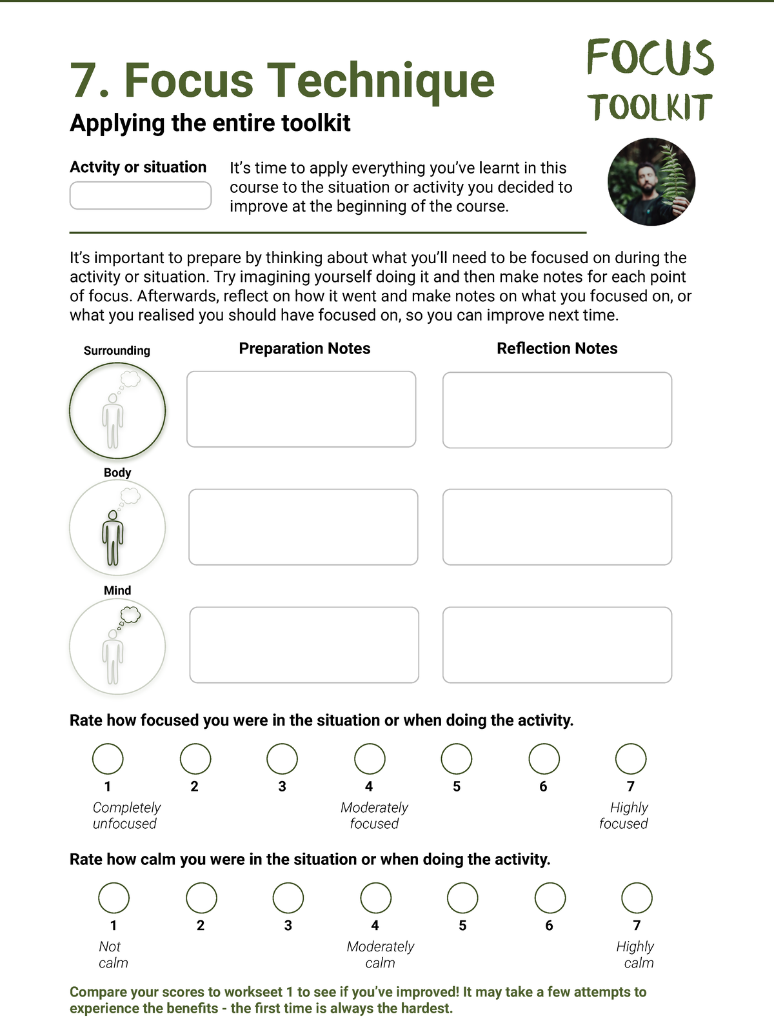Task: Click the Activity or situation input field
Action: click(x=140, y=195)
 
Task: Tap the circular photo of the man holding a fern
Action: click(x=651, y=182)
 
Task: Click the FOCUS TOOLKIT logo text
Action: click(x=650, y=81)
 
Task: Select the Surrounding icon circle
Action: click(x=117, y=411)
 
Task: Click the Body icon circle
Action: click(x=117, y=528)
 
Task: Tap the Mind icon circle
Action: click(x=117, y=646)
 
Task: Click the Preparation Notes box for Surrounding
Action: click(x=301, y=409)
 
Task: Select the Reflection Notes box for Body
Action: click(x=557, y=527)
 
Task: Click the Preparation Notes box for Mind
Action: click(x=304, y=645)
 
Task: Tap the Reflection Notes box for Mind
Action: click(x=557, y=645)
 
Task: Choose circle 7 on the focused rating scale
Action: click(x=631, y=759)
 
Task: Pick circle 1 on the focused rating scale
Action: click(x=108, y=759)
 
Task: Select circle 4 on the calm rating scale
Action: click(x=375, y=898)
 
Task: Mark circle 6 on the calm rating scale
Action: click(x=550, y=898)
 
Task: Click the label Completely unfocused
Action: click(x=126, y=815)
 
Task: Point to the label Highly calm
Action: click(x=636, y=955)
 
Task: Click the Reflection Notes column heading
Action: click(x=557, y=348)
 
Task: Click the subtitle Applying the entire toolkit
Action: click(x=210, y=123)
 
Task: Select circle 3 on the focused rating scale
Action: click(x=282, y=759)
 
